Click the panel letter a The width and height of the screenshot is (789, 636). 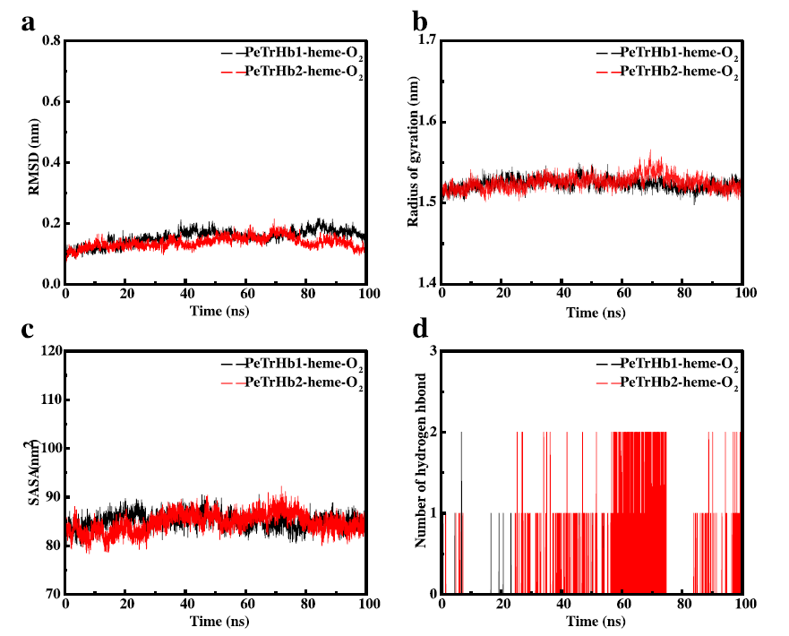click(29, 22)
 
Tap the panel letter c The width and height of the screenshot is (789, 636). click(29, 329)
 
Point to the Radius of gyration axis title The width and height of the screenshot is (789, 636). click(414, 161)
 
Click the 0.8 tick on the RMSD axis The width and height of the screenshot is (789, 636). click(49, 41)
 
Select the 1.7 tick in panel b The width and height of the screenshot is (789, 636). click(425, 41)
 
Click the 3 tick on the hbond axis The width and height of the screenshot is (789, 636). click(433, 351)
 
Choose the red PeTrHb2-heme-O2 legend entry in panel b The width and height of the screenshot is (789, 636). click(681, 73)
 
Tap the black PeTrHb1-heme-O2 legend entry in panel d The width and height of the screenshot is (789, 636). click(681, 365)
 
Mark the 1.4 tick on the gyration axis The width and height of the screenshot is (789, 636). click(425, 283)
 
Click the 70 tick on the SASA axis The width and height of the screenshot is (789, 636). click(50, 594)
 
